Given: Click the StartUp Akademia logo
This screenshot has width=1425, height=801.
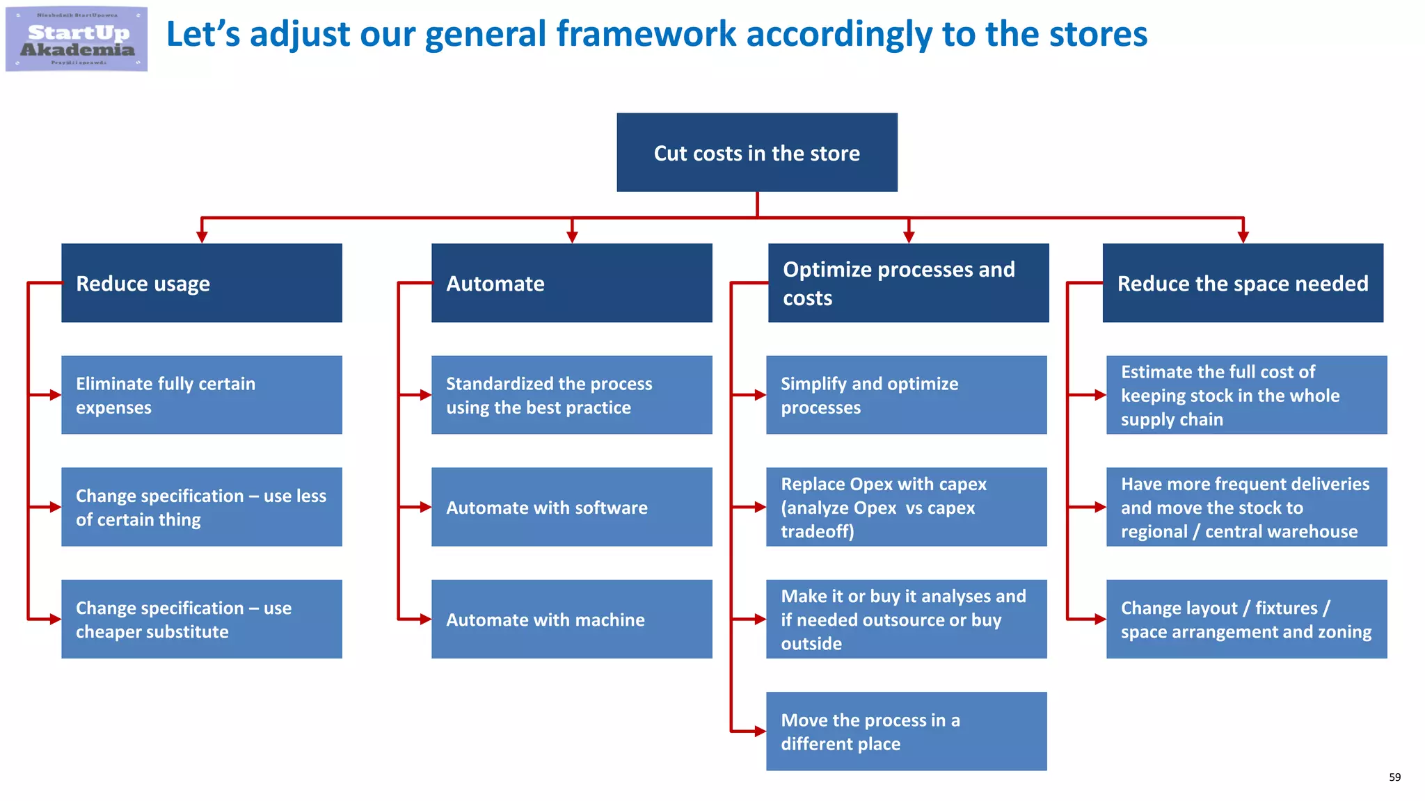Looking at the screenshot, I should pyautogui.click(x=77, y=39).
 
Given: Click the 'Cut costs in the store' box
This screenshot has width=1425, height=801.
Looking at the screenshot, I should pyautogui.click(x=756, y=152).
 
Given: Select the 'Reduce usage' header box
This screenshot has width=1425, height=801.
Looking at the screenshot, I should pyautogui.click(x=202, y=283).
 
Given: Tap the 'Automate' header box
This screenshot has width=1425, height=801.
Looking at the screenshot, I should pyautogui.click(x=571, y=283).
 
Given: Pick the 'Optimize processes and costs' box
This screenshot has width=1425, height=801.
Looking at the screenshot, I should pyautogui.click(x=908, y=283).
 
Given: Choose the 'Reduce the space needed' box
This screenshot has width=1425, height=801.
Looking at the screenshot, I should pyautogui.click(x=1243, y=283).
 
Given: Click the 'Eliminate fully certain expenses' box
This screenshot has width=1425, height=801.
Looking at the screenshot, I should pyautogui.click(x=202, y=395).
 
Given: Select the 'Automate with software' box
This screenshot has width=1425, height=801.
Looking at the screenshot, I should pyautogui.click(x=571, y=507).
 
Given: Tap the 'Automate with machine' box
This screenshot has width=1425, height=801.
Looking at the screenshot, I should pyautogui.click(x=571, y=619).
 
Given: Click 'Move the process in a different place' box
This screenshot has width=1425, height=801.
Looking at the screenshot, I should pyautogui.click(x=906, y=731).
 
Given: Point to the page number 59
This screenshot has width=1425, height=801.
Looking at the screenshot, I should pyautogui.click(x=1394, y=777).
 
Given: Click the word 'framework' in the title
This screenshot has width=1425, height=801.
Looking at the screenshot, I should pyautogui.click(x=646, y=34).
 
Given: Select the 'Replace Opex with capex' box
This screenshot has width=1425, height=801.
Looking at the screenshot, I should pyautogui.click(x=906, y=507).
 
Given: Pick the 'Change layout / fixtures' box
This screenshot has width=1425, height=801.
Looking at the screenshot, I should pyautogui.click(x=1246, y=619).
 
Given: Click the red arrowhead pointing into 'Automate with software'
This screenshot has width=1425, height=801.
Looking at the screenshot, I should pyautogui.click(x=426, y=507).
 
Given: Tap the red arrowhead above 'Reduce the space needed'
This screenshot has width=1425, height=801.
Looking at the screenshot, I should pyautogui.click(x=1243, y=237).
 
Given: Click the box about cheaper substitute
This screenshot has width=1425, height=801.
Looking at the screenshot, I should pyautogui.click(x=202, y=619).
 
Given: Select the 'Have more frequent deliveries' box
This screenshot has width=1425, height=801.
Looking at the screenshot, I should pyautogui.click(x=1246, y=507).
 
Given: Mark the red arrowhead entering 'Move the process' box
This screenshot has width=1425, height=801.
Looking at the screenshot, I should pyautogui.click(x=760, y=731).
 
